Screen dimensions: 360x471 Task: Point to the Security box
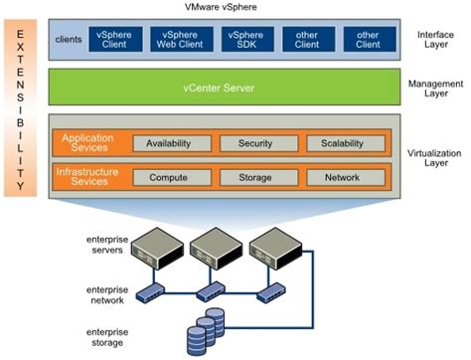pos(254,144)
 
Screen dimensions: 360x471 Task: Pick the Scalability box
pos(341,144)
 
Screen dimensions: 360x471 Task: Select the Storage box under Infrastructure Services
pos(254,178)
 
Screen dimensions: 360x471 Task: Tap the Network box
pos(341,178)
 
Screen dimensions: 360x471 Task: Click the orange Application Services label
pos(90,143)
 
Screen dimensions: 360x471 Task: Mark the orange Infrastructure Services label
pos(90,177)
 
